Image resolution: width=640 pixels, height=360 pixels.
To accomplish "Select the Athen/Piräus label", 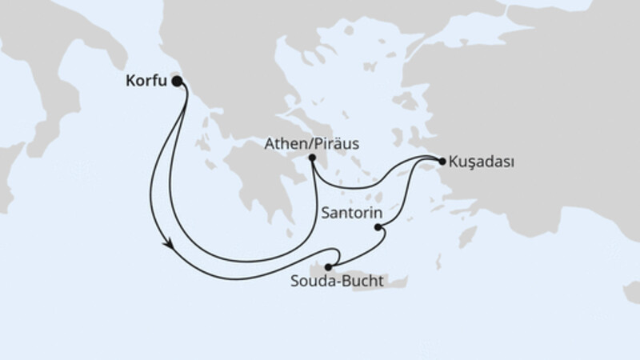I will (311, 145).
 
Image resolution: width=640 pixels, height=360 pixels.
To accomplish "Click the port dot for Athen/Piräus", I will (312, 158).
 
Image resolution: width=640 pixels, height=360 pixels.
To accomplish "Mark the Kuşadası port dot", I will (442, 161).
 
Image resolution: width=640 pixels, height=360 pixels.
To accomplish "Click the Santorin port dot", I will (378, 228).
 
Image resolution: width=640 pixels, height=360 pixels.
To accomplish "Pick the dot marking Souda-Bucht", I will (328, 267).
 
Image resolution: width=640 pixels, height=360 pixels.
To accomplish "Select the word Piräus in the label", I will (335, 145).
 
